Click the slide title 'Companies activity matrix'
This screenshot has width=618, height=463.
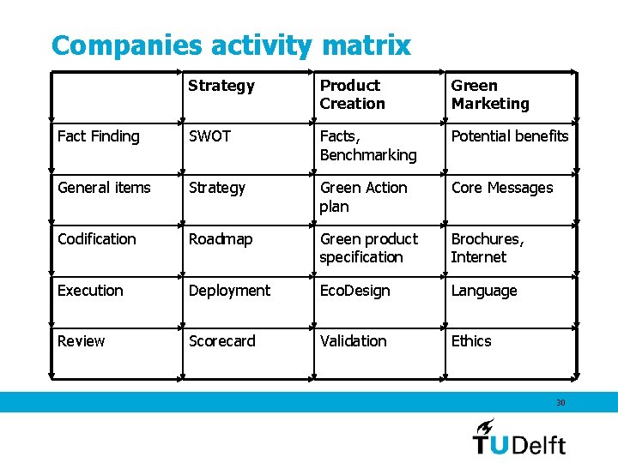[x=231, y=45]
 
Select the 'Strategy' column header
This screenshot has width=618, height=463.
[x=221, y=86]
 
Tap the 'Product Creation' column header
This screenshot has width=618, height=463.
[x=352, y=94]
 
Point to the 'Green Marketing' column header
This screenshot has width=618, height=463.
[x=490, y=94]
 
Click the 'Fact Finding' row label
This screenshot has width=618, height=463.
[x=98, y=136]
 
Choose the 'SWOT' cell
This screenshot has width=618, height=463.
[x=209, y=136]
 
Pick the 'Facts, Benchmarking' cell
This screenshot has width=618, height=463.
[x=368, y=146]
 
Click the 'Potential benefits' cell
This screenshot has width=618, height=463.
[x=510, y=136]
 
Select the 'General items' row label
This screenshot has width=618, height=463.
[x=104, y=188]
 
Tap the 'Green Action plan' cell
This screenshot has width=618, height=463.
[x=363, y=196]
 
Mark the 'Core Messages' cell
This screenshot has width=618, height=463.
[x=502, y=188]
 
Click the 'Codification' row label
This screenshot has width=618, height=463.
[x=96, y=239]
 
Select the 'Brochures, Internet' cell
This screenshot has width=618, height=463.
[x=487, y=248]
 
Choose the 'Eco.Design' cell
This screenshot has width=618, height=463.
[x=354, y=291]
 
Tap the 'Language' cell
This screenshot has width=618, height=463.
[x=484, y=291]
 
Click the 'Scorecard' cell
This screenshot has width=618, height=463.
[x=221, y=341]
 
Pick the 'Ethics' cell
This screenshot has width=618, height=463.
[x=471, y=341]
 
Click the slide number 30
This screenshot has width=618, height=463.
[x=560, y=402]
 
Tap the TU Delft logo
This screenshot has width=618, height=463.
[x=519, y=437]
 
